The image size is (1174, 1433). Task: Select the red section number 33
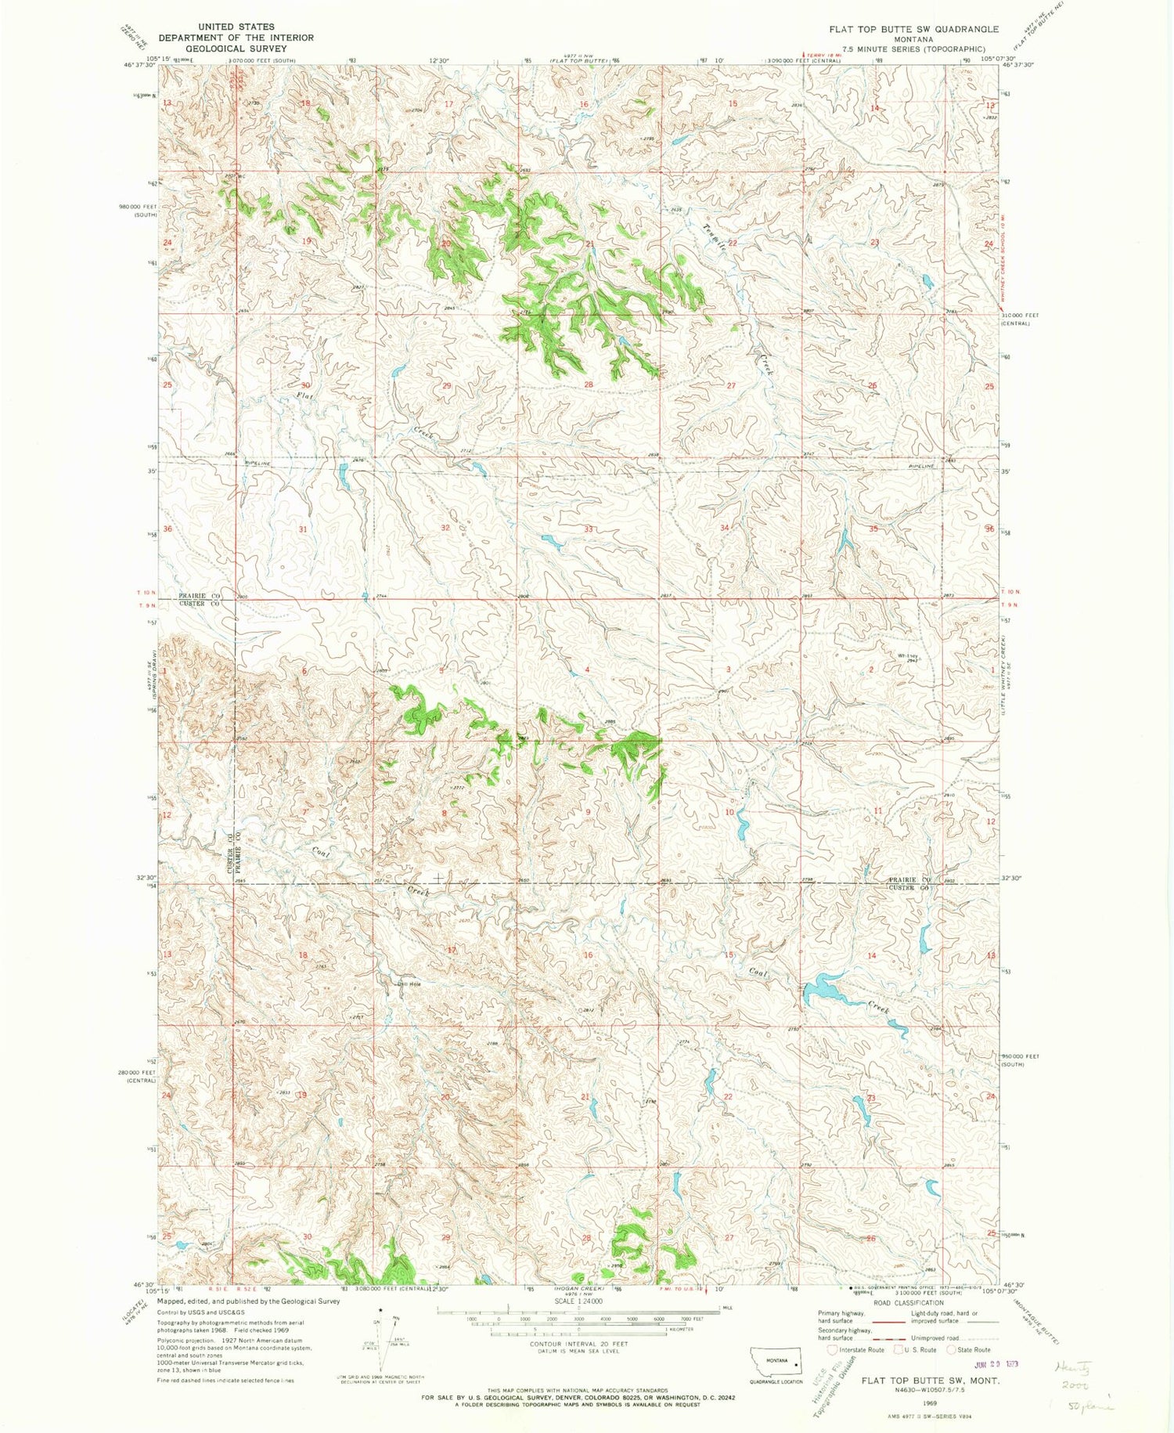pos(588,529)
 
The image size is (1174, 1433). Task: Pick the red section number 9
pos(588,813)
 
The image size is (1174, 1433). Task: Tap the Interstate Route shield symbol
pos(831,1349)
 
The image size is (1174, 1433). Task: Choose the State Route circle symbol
pos(952,1349)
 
